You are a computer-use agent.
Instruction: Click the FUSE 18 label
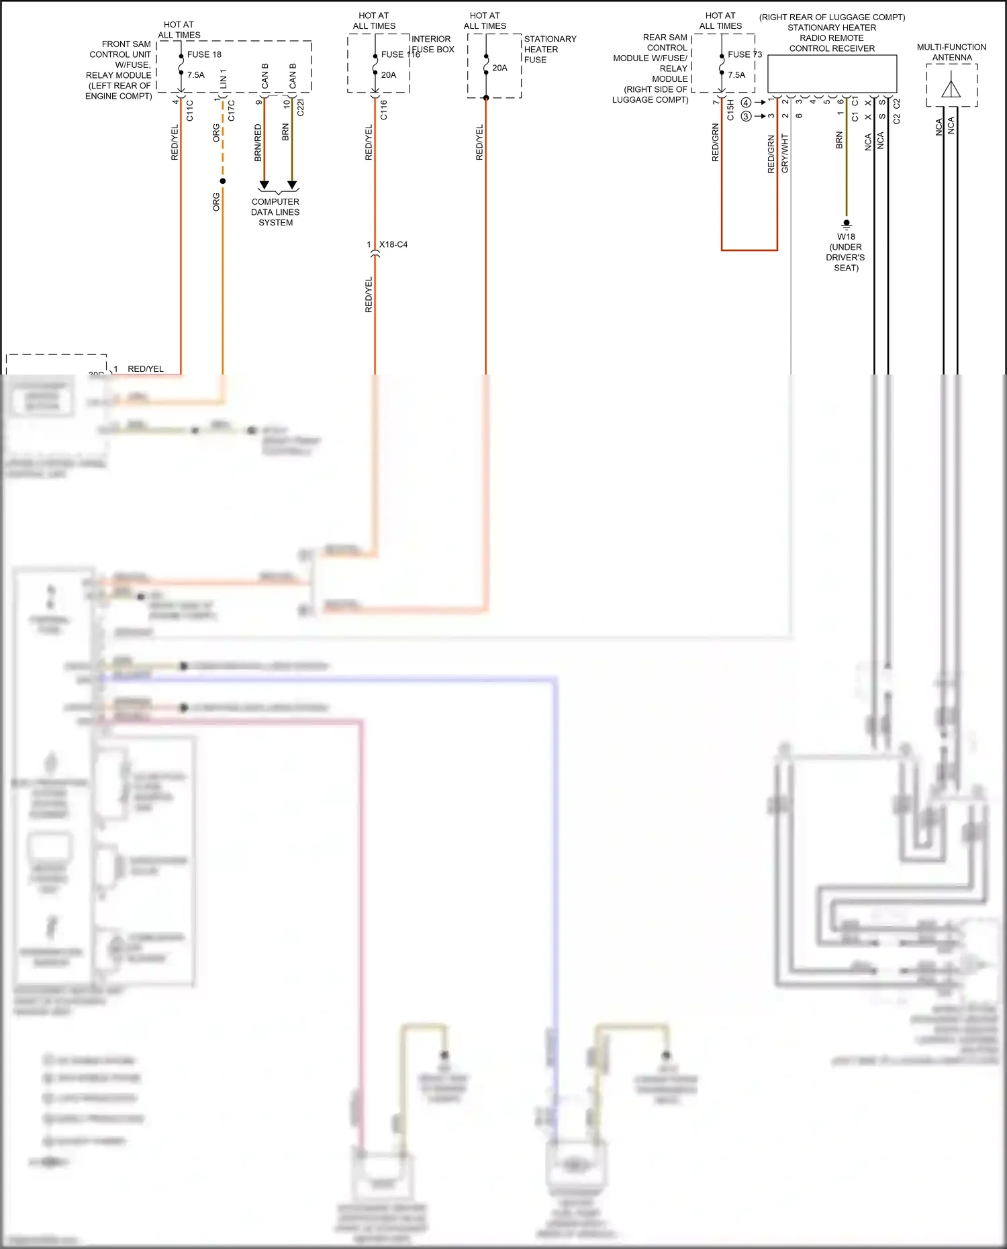(204, 54)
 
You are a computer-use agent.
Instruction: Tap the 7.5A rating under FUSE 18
(196, 75)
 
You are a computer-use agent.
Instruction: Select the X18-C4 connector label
(393, 244)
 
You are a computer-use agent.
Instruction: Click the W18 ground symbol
(847, 224)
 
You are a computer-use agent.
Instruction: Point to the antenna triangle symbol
(951, 89)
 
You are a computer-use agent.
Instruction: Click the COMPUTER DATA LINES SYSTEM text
(275, 212)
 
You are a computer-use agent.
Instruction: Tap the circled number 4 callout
(746, 103)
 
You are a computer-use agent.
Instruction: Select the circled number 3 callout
(746, 116)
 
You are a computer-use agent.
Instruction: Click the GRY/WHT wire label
(785, 154)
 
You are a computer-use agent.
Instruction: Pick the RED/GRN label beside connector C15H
(716, 142)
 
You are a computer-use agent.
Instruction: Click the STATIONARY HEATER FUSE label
(549, 50)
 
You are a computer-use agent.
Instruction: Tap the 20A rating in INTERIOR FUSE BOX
(389, 75)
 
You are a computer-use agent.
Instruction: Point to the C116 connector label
(384, 110)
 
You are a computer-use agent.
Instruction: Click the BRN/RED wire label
(258, 142)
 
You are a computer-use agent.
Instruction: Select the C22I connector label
(300, 107)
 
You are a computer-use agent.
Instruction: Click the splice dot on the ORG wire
(223, 181)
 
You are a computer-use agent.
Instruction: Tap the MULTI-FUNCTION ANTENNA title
(951, 52)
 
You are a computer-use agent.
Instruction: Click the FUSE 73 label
(745, 54)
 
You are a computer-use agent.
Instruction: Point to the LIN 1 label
(224, 79)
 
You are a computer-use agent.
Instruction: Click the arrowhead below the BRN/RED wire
(264, 185)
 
